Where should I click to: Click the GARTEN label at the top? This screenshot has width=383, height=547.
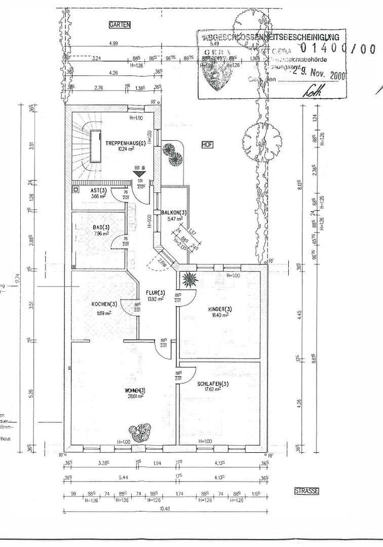pos(120,24)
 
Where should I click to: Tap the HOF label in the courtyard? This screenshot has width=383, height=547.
pos(207,144)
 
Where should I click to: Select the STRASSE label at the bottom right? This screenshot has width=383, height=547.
pos(306,491)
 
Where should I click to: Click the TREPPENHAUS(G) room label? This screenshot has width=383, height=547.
pos(125,144)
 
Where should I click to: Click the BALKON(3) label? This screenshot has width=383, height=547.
pos(173,213)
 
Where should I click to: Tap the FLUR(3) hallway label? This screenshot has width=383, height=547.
pos(156,293)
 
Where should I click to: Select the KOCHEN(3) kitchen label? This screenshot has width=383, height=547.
pos(104,304)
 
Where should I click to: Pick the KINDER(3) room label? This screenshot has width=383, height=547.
pos(220,309)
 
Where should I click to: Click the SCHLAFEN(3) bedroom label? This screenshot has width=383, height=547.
pos(213,383)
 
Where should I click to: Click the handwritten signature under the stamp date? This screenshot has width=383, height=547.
pos(308,91)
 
